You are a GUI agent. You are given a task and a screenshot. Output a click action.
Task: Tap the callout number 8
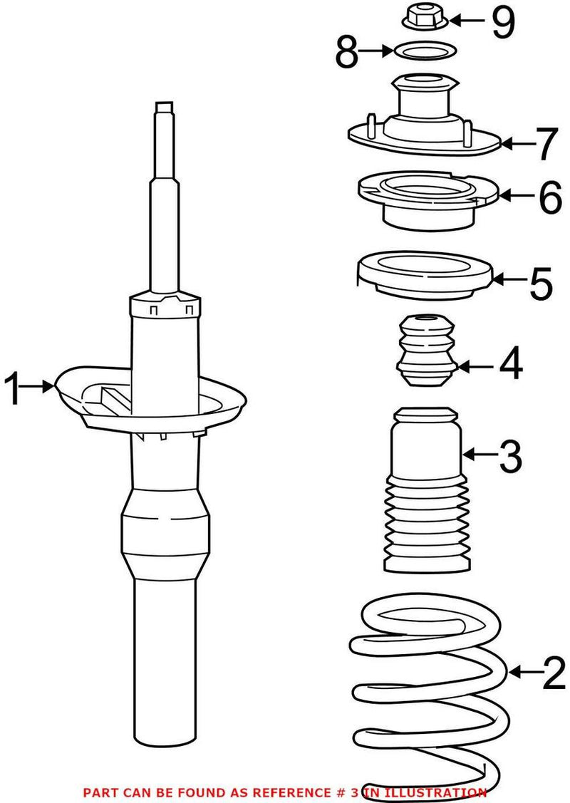347,53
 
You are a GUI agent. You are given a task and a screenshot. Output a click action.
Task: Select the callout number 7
545,145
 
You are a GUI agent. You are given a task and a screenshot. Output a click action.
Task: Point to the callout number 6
549,197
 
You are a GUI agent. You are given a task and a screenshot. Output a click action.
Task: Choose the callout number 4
510,365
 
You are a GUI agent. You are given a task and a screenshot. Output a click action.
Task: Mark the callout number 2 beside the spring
552,673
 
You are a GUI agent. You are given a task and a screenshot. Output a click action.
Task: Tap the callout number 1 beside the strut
16,388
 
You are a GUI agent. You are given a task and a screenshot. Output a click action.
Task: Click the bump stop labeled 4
425,352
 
